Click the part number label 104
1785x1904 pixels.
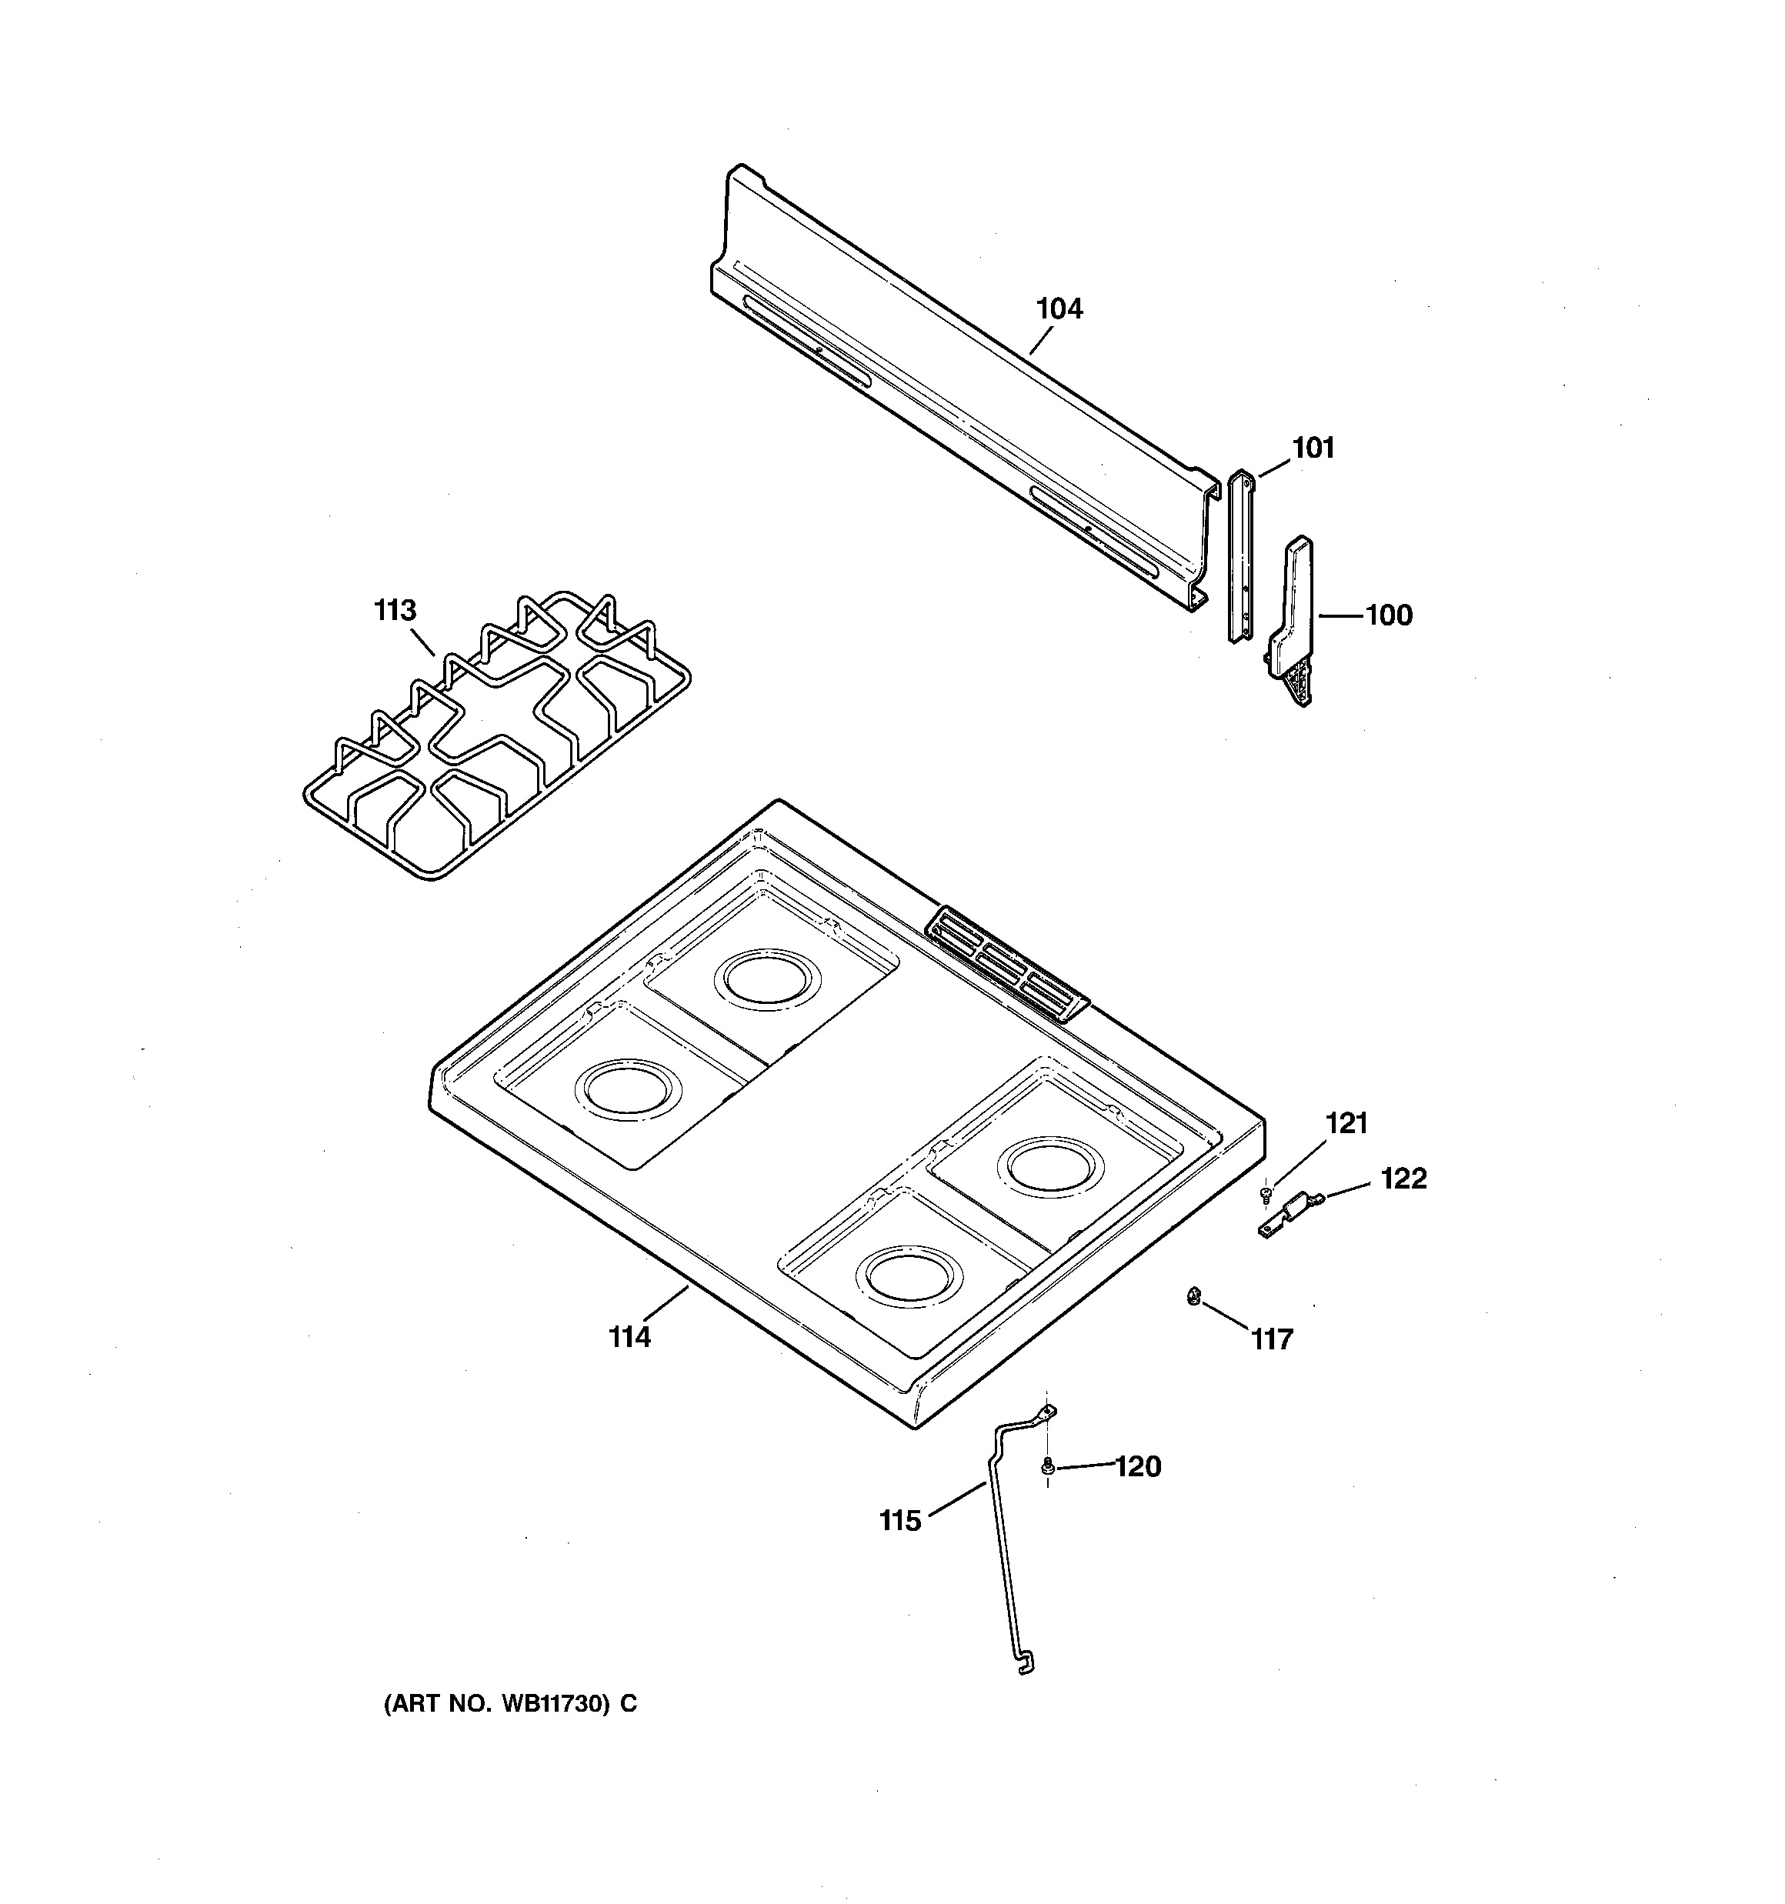coord(1059,308)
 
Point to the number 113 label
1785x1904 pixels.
coord(395,610)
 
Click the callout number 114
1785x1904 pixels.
coord(629,1337)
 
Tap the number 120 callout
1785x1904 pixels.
coord(1137,1466)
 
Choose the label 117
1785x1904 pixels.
coord(1273,1339)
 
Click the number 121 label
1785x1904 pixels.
coord(1346,1123)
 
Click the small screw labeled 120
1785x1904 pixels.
coord(1047,1465)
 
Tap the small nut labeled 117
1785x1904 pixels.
coord(1193,1297)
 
